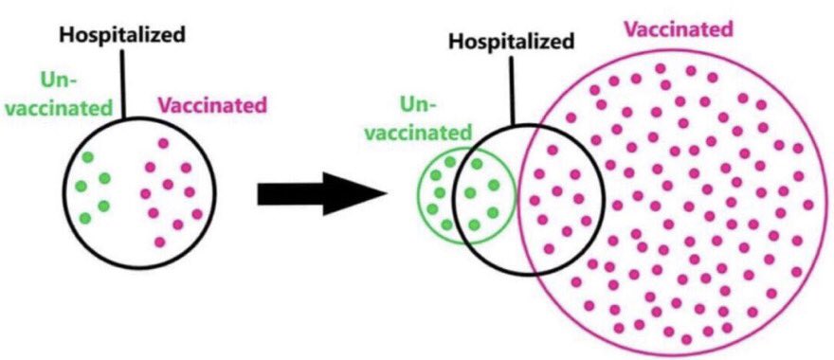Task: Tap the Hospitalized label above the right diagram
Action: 512,42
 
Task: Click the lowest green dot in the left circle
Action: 86,219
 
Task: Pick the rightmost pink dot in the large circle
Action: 807,205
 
